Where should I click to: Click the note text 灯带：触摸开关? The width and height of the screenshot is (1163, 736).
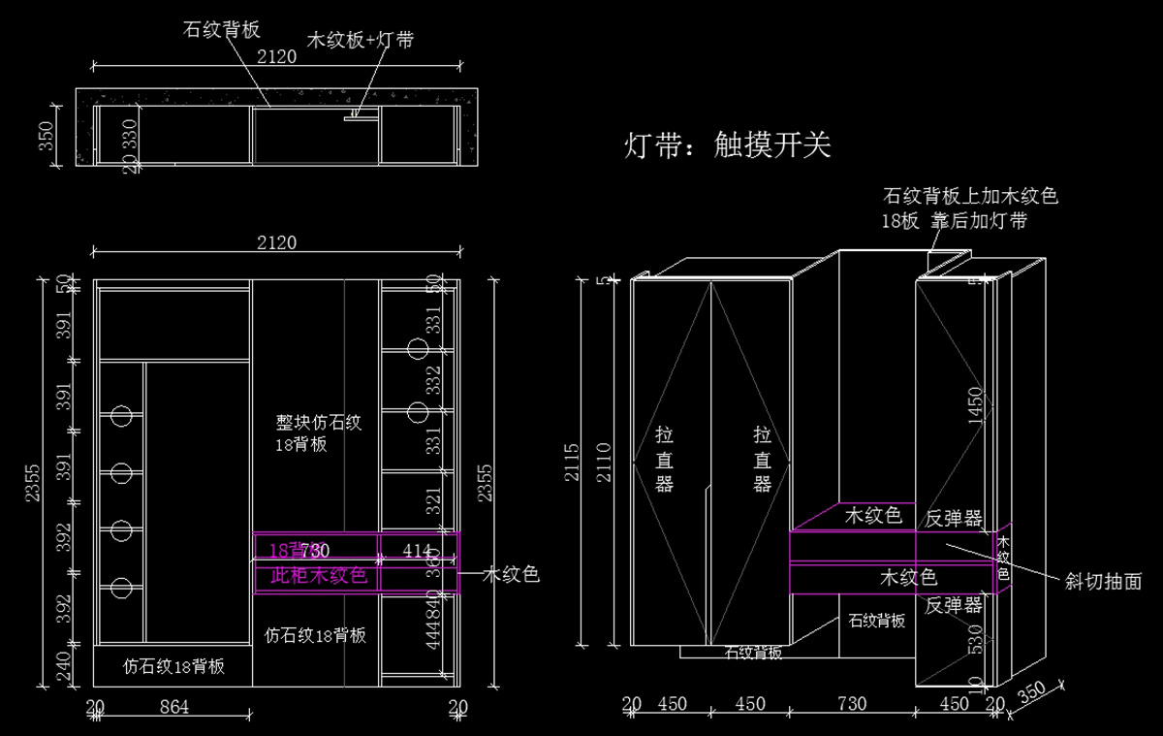pyautogui.click(x=728, y=145)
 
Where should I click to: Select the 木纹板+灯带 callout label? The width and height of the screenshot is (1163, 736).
pyautogui.click(x=360, y=41)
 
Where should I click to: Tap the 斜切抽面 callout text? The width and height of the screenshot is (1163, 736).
pyautogui.click(x=1102, y=582)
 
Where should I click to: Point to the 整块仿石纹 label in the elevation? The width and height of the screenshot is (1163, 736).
pyautogui.click(x=319, y=423)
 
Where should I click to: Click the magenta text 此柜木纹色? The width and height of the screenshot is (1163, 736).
pyautogui.click(x=319, y=576)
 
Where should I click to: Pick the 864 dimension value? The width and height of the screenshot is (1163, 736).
pyautogui.click(x=173, y=707)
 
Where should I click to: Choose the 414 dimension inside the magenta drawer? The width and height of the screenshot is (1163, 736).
pyautogui.click(x=417, y=551)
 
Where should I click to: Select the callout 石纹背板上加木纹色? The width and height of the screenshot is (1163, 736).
pyautogui.click(x=969, y=196)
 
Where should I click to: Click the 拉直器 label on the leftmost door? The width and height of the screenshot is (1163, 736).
pyautogui.click(x=664, y=458)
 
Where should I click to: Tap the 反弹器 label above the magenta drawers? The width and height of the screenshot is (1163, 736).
pyautogui.click(x=954, y=518)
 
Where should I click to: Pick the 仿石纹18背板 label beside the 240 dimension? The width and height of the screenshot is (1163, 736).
pyautogui.click(x=174, y=666)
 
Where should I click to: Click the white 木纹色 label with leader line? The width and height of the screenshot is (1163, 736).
pyautogui.click(x=511, y=575)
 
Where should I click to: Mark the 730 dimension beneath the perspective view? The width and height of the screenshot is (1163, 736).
pyautogui.click(x=852, y=704)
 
